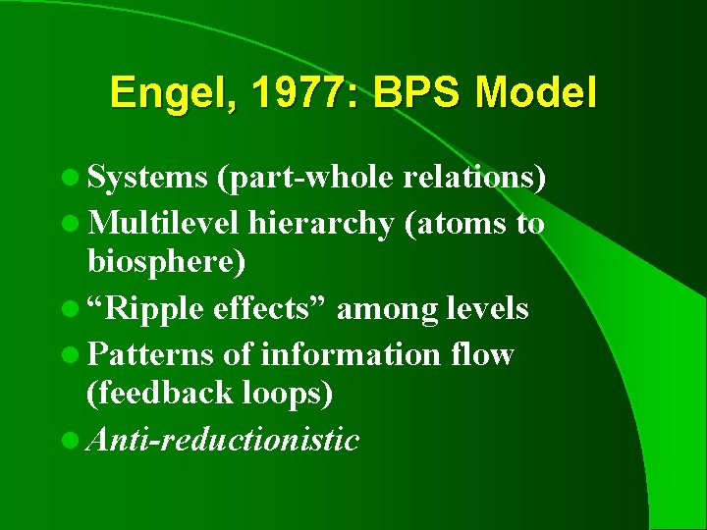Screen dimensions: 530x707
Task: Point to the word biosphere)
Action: [167, 263]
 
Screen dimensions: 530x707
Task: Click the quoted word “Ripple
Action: [146, 310]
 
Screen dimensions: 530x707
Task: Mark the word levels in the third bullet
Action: [489, 309]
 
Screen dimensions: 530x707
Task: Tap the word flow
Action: [479, 353]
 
